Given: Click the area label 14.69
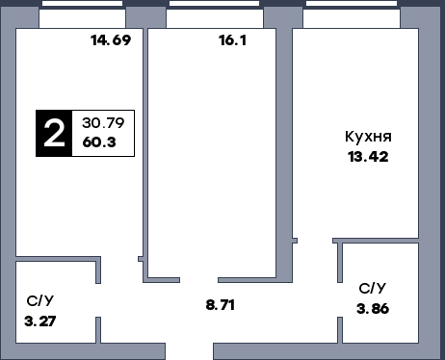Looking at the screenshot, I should [110, 40].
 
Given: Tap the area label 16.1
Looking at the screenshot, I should [233, 40].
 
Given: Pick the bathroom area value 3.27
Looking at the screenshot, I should [39, 321].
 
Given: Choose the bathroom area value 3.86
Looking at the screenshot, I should [373, 309].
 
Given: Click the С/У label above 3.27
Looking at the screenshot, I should [39, 300].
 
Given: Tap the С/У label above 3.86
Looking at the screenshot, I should [373, 289].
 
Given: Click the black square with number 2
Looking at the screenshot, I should [56, 133].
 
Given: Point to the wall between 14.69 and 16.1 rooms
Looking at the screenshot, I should [144, 144].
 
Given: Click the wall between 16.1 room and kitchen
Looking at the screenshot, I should [290, 144].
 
